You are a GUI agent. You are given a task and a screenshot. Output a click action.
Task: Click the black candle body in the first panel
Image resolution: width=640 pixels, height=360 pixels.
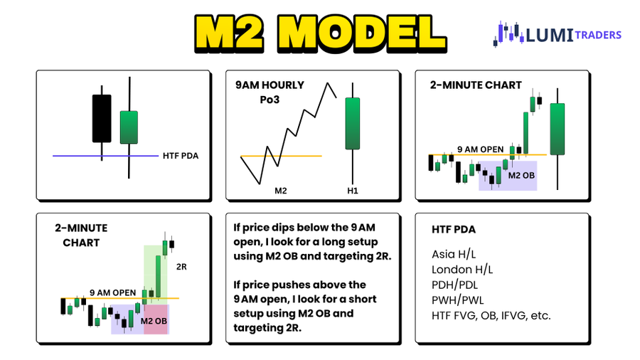(102, 118)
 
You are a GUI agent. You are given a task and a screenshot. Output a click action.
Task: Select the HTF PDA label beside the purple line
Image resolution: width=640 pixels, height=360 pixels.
(181, 155)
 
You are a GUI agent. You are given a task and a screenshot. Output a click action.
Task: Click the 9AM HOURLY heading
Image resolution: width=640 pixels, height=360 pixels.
(270, 85)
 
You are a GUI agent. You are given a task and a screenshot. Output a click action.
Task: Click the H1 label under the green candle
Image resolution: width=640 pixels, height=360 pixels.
(352, 191)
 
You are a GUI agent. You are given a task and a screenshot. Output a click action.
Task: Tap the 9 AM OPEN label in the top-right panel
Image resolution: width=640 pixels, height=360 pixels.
(480, 149)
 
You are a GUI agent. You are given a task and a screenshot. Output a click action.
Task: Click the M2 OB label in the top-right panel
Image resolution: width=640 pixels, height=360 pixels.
(522, 175)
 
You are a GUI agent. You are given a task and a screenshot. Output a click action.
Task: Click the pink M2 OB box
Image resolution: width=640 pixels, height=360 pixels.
(156, 319)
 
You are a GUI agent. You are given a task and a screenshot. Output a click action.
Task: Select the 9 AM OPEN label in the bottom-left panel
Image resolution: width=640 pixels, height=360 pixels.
(112, 292)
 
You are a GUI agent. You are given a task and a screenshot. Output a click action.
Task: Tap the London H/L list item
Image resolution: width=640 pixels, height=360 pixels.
(462, 270)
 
